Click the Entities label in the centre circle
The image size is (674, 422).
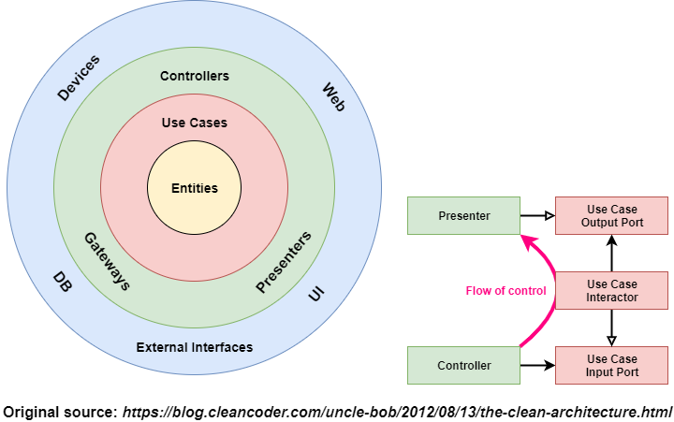point(195,188)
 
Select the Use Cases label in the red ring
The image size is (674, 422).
point(195,123)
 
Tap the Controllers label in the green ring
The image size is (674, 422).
point(195,76)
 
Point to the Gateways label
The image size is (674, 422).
point(107,261)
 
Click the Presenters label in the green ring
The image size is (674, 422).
point(283,261)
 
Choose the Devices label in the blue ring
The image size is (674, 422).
point(79,78)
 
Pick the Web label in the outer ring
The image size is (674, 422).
point(333,97)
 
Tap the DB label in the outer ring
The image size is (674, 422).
point(62,281)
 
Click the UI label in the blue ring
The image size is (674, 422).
point(316,294)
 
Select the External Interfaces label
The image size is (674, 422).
point(195,347)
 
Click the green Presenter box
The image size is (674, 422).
point(463,216)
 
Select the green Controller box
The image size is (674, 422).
point(463,365)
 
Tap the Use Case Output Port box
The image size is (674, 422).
point(612,216)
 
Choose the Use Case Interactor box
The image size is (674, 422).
point(612,290)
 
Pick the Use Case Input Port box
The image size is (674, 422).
point(612,365)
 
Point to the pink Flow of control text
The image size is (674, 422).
point(505,290)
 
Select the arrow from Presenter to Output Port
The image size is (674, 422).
point(537,216)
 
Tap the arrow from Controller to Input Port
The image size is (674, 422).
point(537,365)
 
